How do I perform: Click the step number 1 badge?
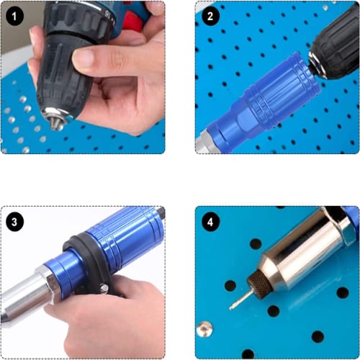tap(14, 17)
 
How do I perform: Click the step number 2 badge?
tap(210, 17)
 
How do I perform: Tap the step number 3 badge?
tap(14, 222)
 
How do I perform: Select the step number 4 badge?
tap(210, 222)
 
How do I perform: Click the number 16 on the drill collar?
tap(107, 15)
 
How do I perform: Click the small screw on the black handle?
tap(104, 287)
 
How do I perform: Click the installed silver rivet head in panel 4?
tap(204, 329)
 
